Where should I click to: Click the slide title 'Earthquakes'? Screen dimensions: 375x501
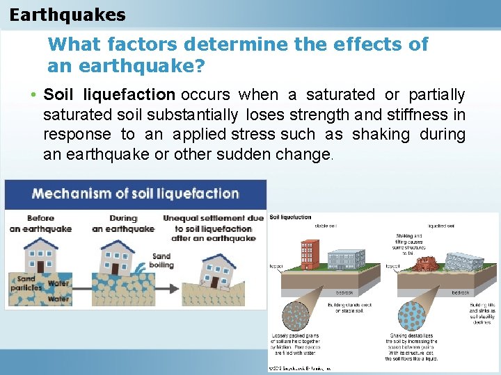pyautogui.click(x=68, y=15)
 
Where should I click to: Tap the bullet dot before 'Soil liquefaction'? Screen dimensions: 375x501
pyautogui.click(x=34, y=95)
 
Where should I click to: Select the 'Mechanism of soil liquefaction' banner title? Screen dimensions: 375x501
pyautogui.click(x=136, y=194)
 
